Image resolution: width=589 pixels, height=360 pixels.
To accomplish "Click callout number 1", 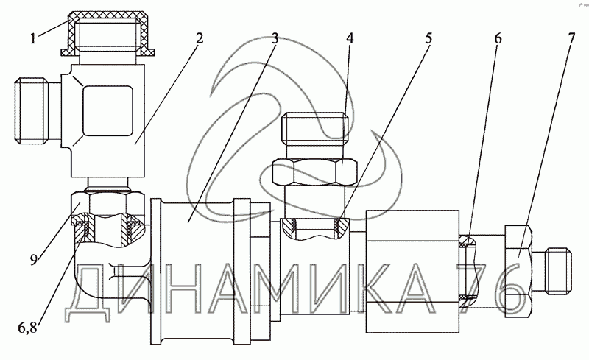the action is (34, 38).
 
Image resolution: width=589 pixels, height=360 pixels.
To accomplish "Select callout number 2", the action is (200, 38).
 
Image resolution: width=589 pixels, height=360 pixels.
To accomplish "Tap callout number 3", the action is (275, 38).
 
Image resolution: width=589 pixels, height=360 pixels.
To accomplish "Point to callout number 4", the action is (350, 38).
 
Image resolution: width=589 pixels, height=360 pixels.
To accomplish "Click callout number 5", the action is (428, 38).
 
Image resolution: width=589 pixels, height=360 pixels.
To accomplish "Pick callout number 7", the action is (571, 38).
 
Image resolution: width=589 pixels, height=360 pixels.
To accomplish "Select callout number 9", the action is (34, 260).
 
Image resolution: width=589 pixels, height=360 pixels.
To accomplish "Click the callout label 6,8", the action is (28, 328).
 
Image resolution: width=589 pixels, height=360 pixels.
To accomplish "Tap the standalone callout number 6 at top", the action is (498, 38).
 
